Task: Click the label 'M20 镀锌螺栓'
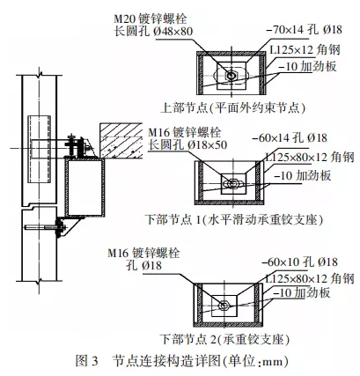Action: [151, 19]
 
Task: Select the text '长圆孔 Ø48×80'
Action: [153, 32]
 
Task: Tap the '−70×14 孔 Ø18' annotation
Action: [304, 30]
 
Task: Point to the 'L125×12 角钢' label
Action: [305, 50]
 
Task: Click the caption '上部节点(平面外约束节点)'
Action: [233, 108]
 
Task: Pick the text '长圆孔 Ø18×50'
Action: [187, 145]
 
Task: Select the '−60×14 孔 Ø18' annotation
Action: [289, 137]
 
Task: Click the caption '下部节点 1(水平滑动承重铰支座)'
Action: [234, 219]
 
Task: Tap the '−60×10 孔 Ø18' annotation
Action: [299, 262]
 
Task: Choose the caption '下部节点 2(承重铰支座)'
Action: [224, 340]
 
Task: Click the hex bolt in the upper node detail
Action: [231, 76]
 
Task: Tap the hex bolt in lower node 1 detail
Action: [234, 183]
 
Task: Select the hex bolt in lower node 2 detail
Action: [224, 306]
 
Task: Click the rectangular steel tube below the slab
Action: [84, 188]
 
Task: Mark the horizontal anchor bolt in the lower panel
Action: [44, 227]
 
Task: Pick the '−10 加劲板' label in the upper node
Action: [307, 67]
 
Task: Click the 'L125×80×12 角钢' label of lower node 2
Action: [310, 278]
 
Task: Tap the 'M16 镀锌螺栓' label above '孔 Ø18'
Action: [143, 253]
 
